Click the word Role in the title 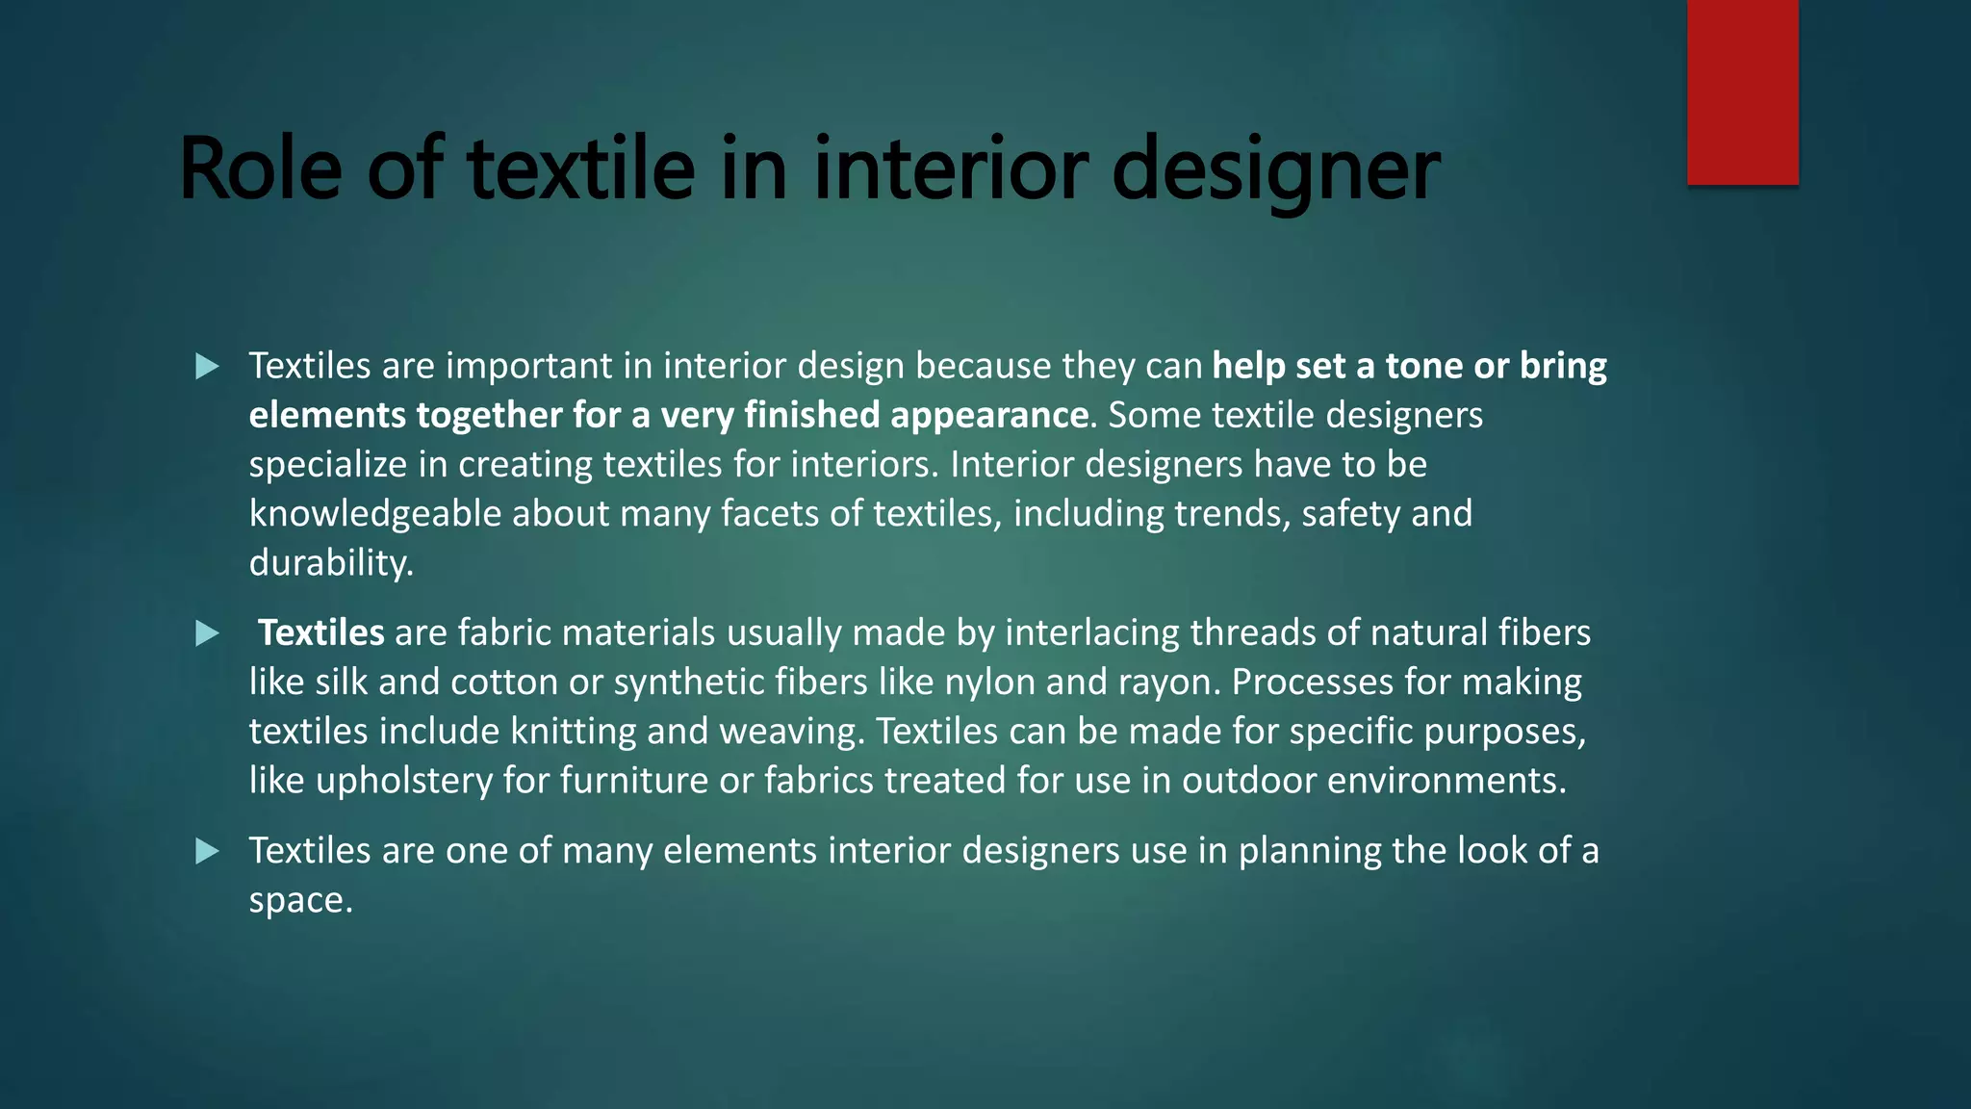[260, 169]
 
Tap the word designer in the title [1275, 169]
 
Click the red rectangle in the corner [1742, 91]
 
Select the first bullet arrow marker [207, 367]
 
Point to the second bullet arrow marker [207, 633]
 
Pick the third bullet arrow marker [207, 851]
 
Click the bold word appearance [989, 415]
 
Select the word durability [330, 562]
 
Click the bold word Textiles [321, 632]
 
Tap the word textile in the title [581, 169]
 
